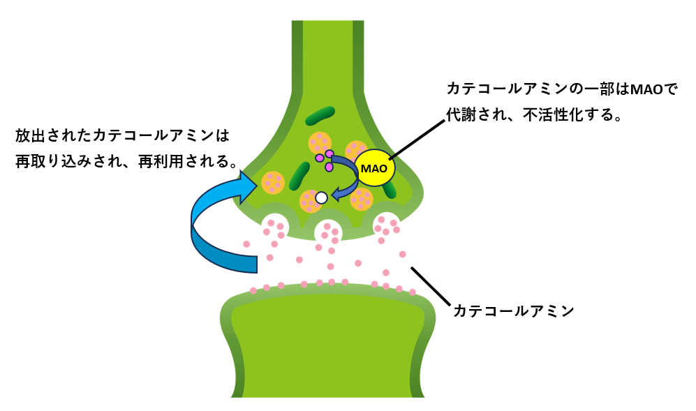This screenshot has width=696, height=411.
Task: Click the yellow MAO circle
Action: coord(374,168)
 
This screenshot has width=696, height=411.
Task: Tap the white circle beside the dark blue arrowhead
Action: coord(321,197)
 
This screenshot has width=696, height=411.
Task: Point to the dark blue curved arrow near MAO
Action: coord(344,174)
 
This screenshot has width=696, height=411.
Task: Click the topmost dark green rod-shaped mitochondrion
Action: coord(320,115)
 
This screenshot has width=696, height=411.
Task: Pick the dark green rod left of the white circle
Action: coord(299,176)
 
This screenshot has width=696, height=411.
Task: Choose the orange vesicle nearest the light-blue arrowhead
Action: coord(272,182)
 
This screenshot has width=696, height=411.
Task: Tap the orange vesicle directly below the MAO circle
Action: coord(362,199)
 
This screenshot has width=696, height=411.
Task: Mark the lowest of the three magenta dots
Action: coord(329,167)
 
